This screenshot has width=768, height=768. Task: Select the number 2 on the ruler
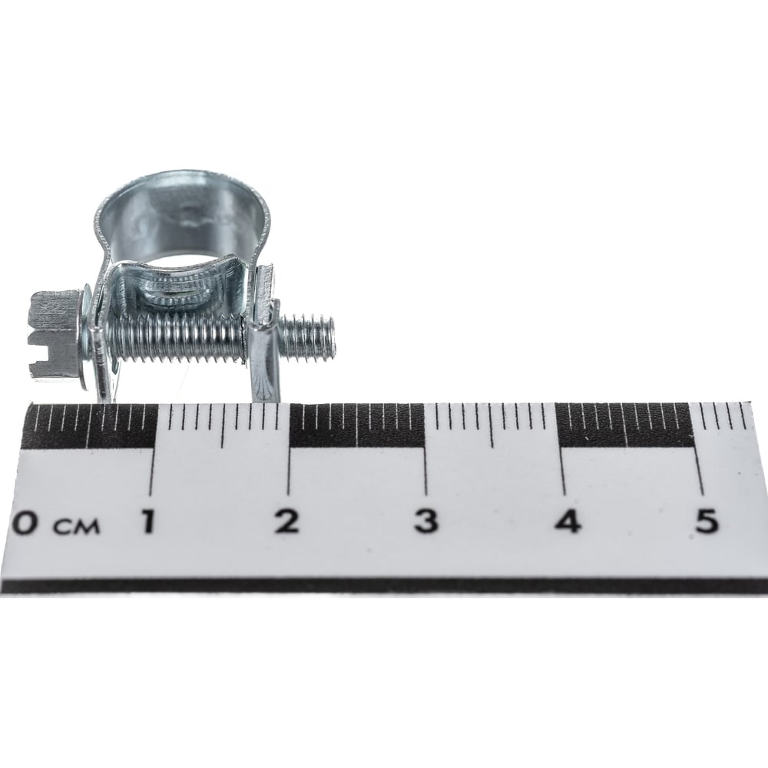click(286, 521)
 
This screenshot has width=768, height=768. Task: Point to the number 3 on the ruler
click(425, 521)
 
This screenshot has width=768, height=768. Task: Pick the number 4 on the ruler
click(568, 521)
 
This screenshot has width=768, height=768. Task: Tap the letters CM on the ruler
click(76, 527)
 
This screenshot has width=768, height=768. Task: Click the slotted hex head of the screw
click(54, 334)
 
